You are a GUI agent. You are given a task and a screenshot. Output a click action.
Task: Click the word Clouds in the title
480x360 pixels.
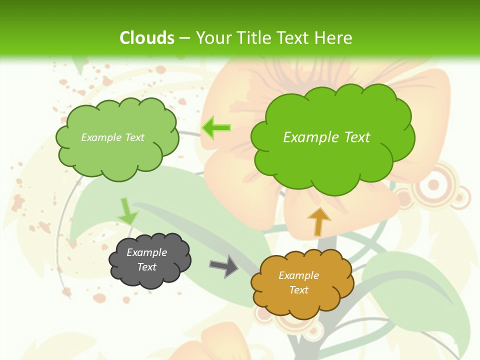coord(146,38)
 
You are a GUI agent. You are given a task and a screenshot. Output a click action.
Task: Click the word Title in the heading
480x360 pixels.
coord(253,38)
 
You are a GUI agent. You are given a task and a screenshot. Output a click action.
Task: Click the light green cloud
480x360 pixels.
coord(117,137)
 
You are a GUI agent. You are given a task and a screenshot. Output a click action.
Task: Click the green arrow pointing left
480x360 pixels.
coord(216,127)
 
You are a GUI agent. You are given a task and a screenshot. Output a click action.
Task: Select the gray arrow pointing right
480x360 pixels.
coord(223,265)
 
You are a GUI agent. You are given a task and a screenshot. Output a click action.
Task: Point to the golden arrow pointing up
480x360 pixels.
coord(318,221)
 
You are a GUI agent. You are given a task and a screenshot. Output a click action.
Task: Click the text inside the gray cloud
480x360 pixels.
coord(147,259)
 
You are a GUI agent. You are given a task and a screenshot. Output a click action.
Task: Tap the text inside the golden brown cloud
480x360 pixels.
coord(298,282)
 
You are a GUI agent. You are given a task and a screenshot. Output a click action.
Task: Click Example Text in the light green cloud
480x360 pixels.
coord(112,137)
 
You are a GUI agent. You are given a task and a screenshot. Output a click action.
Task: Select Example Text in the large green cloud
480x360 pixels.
coord(326,137)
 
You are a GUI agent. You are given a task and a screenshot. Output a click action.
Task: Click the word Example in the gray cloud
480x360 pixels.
coord(147,252)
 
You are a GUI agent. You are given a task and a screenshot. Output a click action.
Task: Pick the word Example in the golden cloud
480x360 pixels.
coord(298,275)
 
